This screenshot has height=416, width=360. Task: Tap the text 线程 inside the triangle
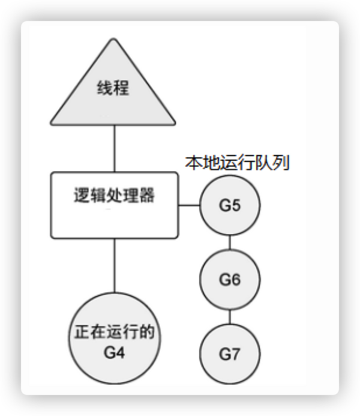(113, 89)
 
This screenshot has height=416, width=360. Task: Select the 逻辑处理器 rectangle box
(114, 219)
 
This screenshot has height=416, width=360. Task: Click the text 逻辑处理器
(113, 196)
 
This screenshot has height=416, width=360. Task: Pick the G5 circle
(230, 205)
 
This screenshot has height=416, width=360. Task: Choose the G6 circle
(230, 279)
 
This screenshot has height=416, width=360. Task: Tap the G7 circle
(230, 354)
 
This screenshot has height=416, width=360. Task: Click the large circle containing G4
(114, 340)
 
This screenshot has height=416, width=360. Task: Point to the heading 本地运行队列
(238, 163)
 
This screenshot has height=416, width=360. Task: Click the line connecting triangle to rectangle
(113, 150)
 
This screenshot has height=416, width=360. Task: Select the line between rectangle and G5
(189, 205)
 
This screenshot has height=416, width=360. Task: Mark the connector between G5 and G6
(230, 243)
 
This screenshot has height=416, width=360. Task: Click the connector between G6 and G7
(230, 316)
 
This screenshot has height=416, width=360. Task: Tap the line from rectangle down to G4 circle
(113, 267)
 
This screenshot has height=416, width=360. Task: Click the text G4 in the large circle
(114, 351)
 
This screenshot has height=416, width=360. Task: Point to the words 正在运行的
(114, 332)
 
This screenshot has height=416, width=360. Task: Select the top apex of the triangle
(113, 39)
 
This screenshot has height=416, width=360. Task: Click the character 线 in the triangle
(105, 89)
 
